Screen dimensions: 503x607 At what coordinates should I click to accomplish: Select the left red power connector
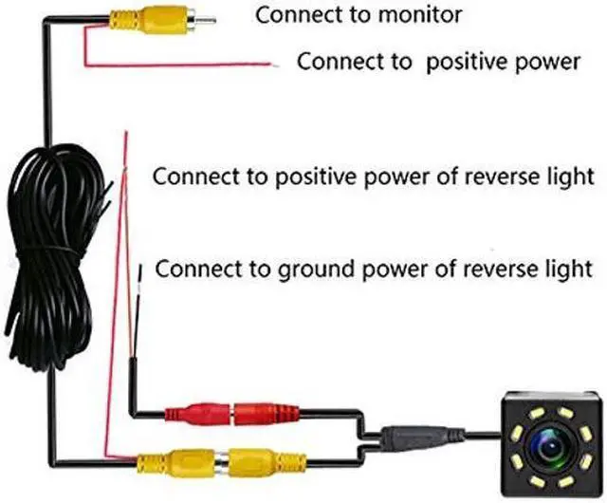193,415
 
